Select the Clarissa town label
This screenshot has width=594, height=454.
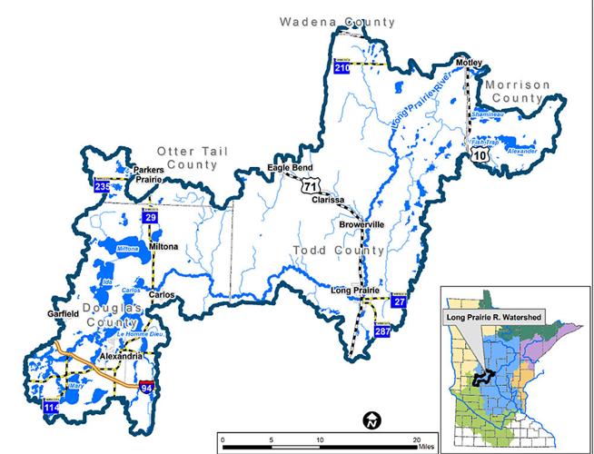pos(327,200)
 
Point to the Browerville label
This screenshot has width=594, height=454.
pos(362,224)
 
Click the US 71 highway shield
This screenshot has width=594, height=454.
pos(315,184)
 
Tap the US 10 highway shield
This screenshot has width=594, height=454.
pos(479,156)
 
